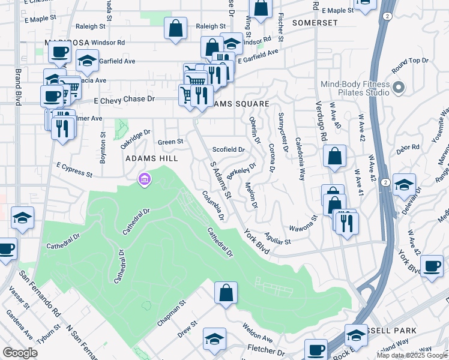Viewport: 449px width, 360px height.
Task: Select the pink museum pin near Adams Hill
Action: click(x=144, y=179)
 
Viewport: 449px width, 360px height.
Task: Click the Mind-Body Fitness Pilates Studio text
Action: click(x=363, y=89)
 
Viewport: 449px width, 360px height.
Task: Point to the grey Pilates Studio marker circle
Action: click(x=399, y=89)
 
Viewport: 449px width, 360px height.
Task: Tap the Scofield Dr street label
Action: click(x=229, y=149)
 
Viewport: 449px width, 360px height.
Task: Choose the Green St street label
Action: click(x=170, y=142)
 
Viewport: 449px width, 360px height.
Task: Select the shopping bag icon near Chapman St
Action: click(x=226, y=293)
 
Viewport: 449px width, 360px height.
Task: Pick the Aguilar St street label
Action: click(x=276, y=239)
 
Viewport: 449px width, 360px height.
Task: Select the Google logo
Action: click(x=20, y=352)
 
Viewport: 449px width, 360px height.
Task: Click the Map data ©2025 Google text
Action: click(x=411, y=355)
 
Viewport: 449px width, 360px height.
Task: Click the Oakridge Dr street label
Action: click(x=136, y=140)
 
